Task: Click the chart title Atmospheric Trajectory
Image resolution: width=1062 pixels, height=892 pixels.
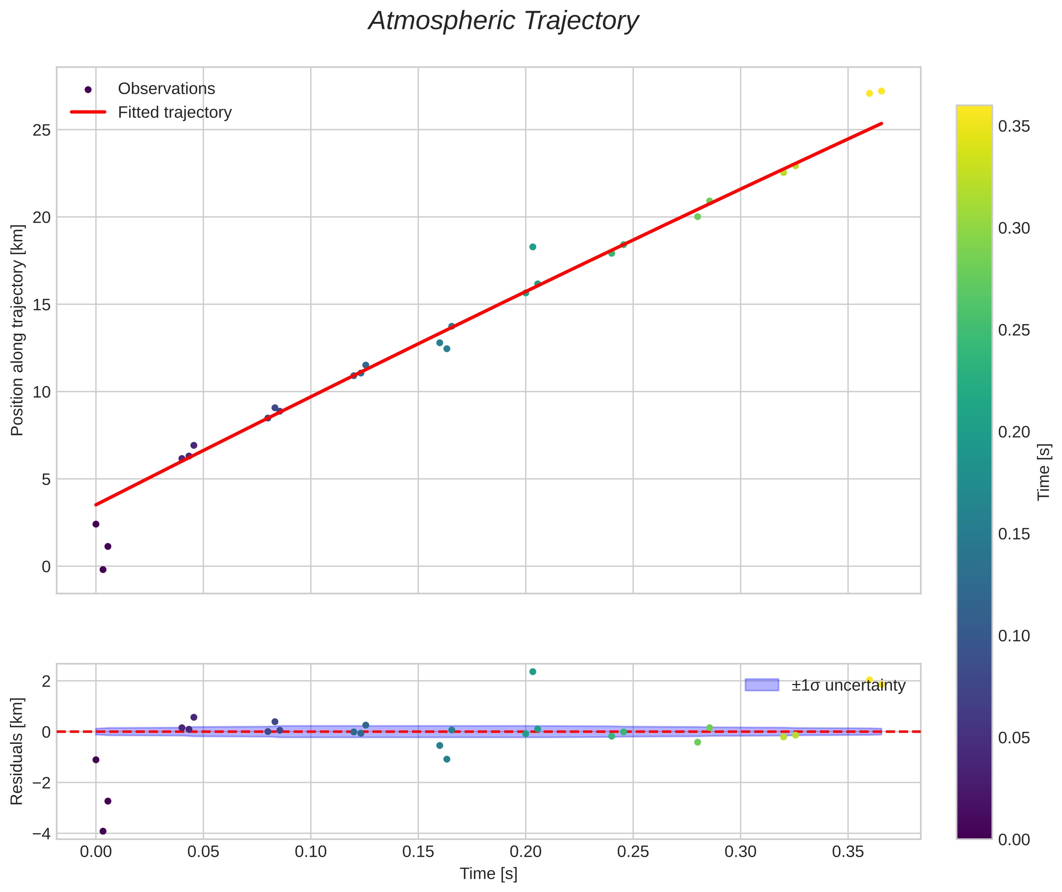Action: [x=503, y=21]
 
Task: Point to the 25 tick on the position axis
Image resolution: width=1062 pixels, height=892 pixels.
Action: [x=42, y=130]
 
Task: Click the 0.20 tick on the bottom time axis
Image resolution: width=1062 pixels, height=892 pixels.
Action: [x=526, y=852]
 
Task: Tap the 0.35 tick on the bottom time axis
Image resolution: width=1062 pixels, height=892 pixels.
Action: [x=848, y=852]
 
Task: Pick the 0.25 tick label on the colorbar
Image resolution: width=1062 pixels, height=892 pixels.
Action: [x=1014, y=330]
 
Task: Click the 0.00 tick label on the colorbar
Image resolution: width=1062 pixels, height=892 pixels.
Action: [x=1014, y=840]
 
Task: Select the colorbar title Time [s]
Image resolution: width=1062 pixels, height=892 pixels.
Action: [x=1044, y=472]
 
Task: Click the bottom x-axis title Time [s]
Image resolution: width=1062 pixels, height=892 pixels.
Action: [x=488, y=874]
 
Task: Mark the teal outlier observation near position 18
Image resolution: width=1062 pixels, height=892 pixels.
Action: [x=533, y=247]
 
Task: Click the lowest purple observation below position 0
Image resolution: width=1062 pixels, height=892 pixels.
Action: [x=103, y=570]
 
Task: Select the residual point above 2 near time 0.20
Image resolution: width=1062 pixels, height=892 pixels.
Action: [x=533, y=672]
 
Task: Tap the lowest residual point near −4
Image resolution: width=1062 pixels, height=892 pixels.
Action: [x=103, y=831]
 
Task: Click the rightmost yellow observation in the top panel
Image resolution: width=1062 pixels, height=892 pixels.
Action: [x=881, y=91]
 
